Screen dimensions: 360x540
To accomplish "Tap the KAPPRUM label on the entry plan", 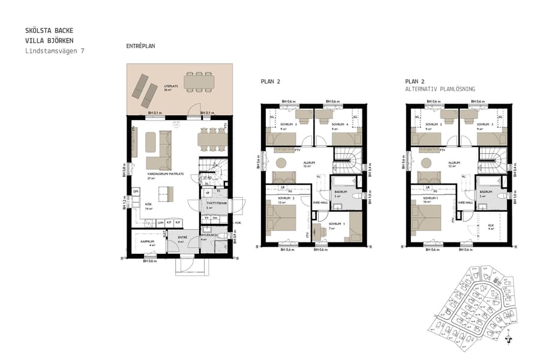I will point(148,242).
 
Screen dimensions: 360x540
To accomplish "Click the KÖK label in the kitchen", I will point(148,204).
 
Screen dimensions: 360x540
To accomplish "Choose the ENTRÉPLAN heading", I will point(141,46).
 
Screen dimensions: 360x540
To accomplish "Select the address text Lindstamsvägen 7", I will point(55,51).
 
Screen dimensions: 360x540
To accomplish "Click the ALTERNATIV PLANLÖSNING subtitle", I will point(440,89).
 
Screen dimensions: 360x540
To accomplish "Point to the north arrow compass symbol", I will point(509,338).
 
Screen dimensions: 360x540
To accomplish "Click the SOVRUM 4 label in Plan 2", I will point(326,125).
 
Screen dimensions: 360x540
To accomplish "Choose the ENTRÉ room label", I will point(182,238).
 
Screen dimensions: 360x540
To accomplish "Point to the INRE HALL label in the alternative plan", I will point(466,202).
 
